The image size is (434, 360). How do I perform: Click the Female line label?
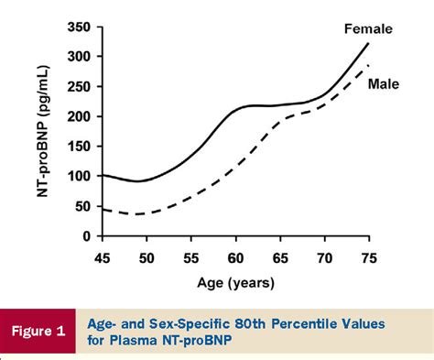tap(367, 28)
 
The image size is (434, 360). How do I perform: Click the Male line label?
tap(385, 85)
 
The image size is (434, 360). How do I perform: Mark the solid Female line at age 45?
tap(103, 175)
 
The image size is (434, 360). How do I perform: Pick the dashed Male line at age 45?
tap(103, 210)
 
